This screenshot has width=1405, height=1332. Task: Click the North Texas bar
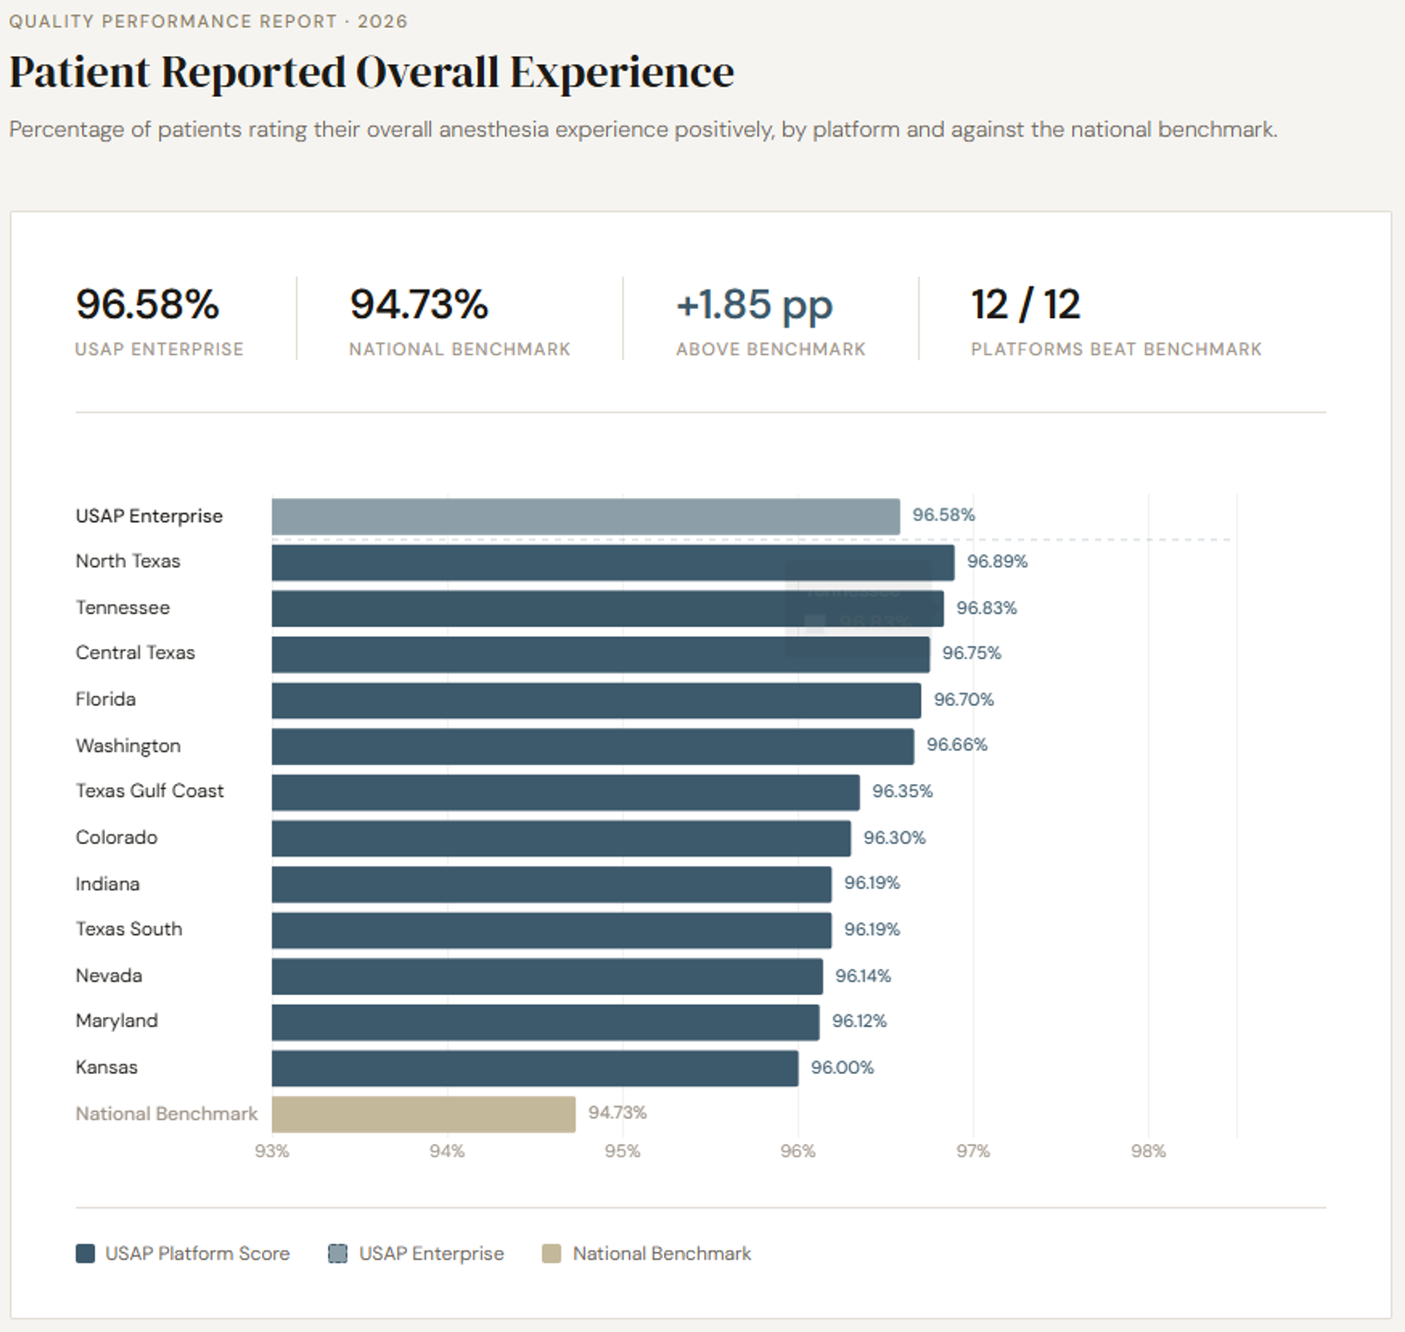pyautogui.click(x=613, y=562)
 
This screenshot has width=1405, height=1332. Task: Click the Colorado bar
pyautogui.click(x=561, y=839)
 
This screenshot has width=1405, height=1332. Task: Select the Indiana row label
pyautogui.click(x=108, y=884)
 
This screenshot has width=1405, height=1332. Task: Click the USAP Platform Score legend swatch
pyautogui.click(x=85, y=1254)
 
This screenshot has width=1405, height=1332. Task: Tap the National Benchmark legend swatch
pyautogui.click(x=551, y=1254)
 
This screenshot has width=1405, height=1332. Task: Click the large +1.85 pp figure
pyautogui.click(x=754, y=305)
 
